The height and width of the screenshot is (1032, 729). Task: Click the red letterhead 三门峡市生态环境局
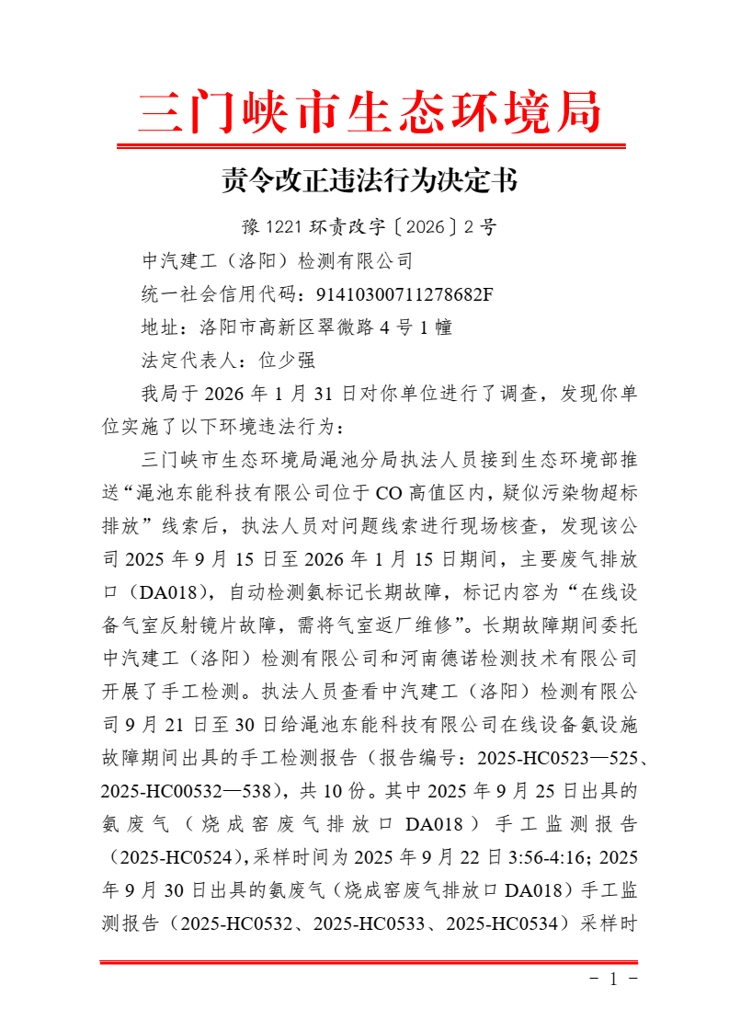pos(370,112)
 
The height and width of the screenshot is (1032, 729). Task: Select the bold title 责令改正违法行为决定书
pos(370,179)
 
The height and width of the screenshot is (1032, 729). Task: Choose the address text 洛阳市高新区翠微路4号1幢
pos(325,327)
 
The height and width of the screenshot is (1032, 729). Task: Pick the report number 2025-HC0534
pos(502,923)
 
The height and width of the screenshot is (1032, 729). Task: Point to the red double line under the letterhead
pos(370,145)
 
